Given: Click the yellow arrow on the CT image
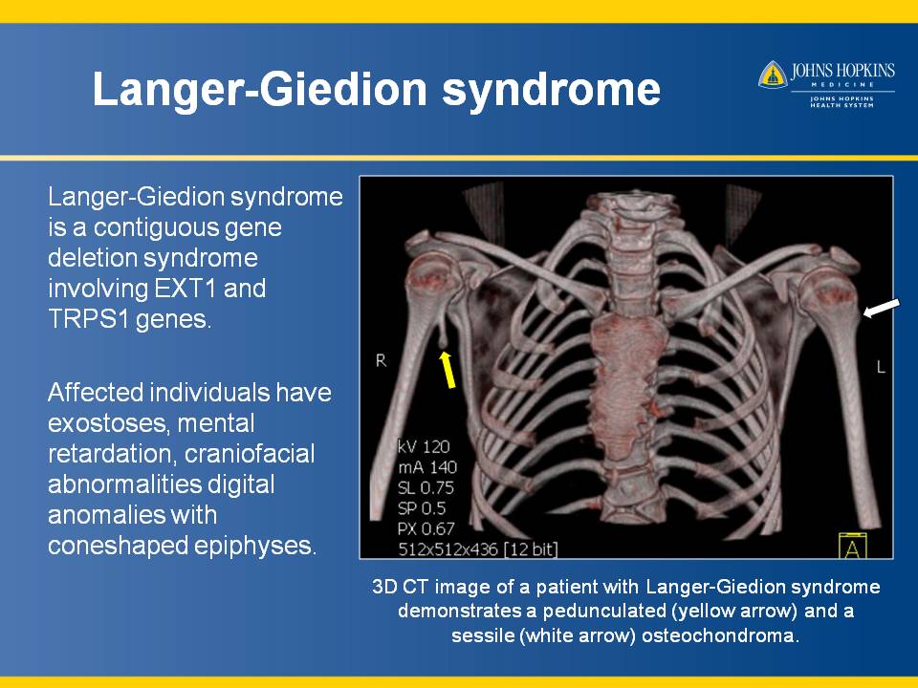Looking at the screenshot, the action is click(x=448, y=369).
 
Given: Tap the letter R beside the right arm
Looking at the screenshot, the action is click(x=381, y=361).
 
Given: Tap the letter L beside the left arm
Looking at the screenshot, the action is click(x=881, y=367).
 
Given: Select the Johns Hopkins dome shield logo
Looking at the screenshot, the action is click(x=773, y=75).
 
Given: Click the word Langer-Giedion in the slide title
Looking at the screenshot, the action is click(x=261, y=89).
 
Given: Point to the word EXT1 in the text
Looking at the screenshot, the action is click(x=186, y=289).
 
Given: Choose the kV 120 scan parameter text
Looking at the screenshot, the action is click(x=424, y=446).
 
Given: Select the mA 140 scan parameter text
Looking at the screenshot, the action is click(x=427, y=467).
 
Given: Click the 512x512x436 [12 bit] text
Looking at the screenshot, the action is click(x=478, y=549).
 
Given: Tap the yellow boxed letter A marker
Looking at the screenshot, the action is click(x=852, y=546).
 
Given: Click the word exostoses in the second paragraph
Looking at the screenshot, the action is click(x=109, y=423).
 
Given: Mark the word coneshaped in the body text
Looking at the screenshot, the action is click(x=117, y=546).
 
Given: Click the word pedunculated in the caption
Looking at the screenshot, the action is click(x=604, y=612).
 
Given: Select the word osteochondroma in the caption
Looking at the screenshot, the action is click(x=719, y=635).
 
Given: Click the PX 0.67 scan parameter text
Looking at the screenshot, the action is click(x=426, y=528).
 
